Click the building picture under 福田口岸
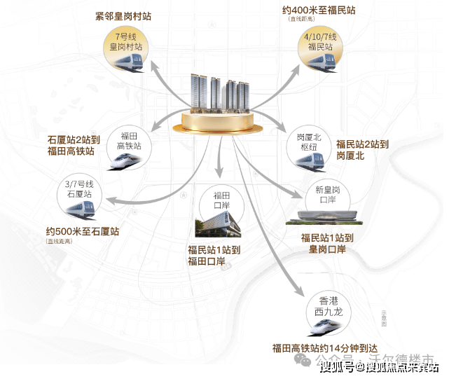click(216, 227)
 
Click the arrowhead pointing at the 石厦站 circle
click(113, 204)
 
